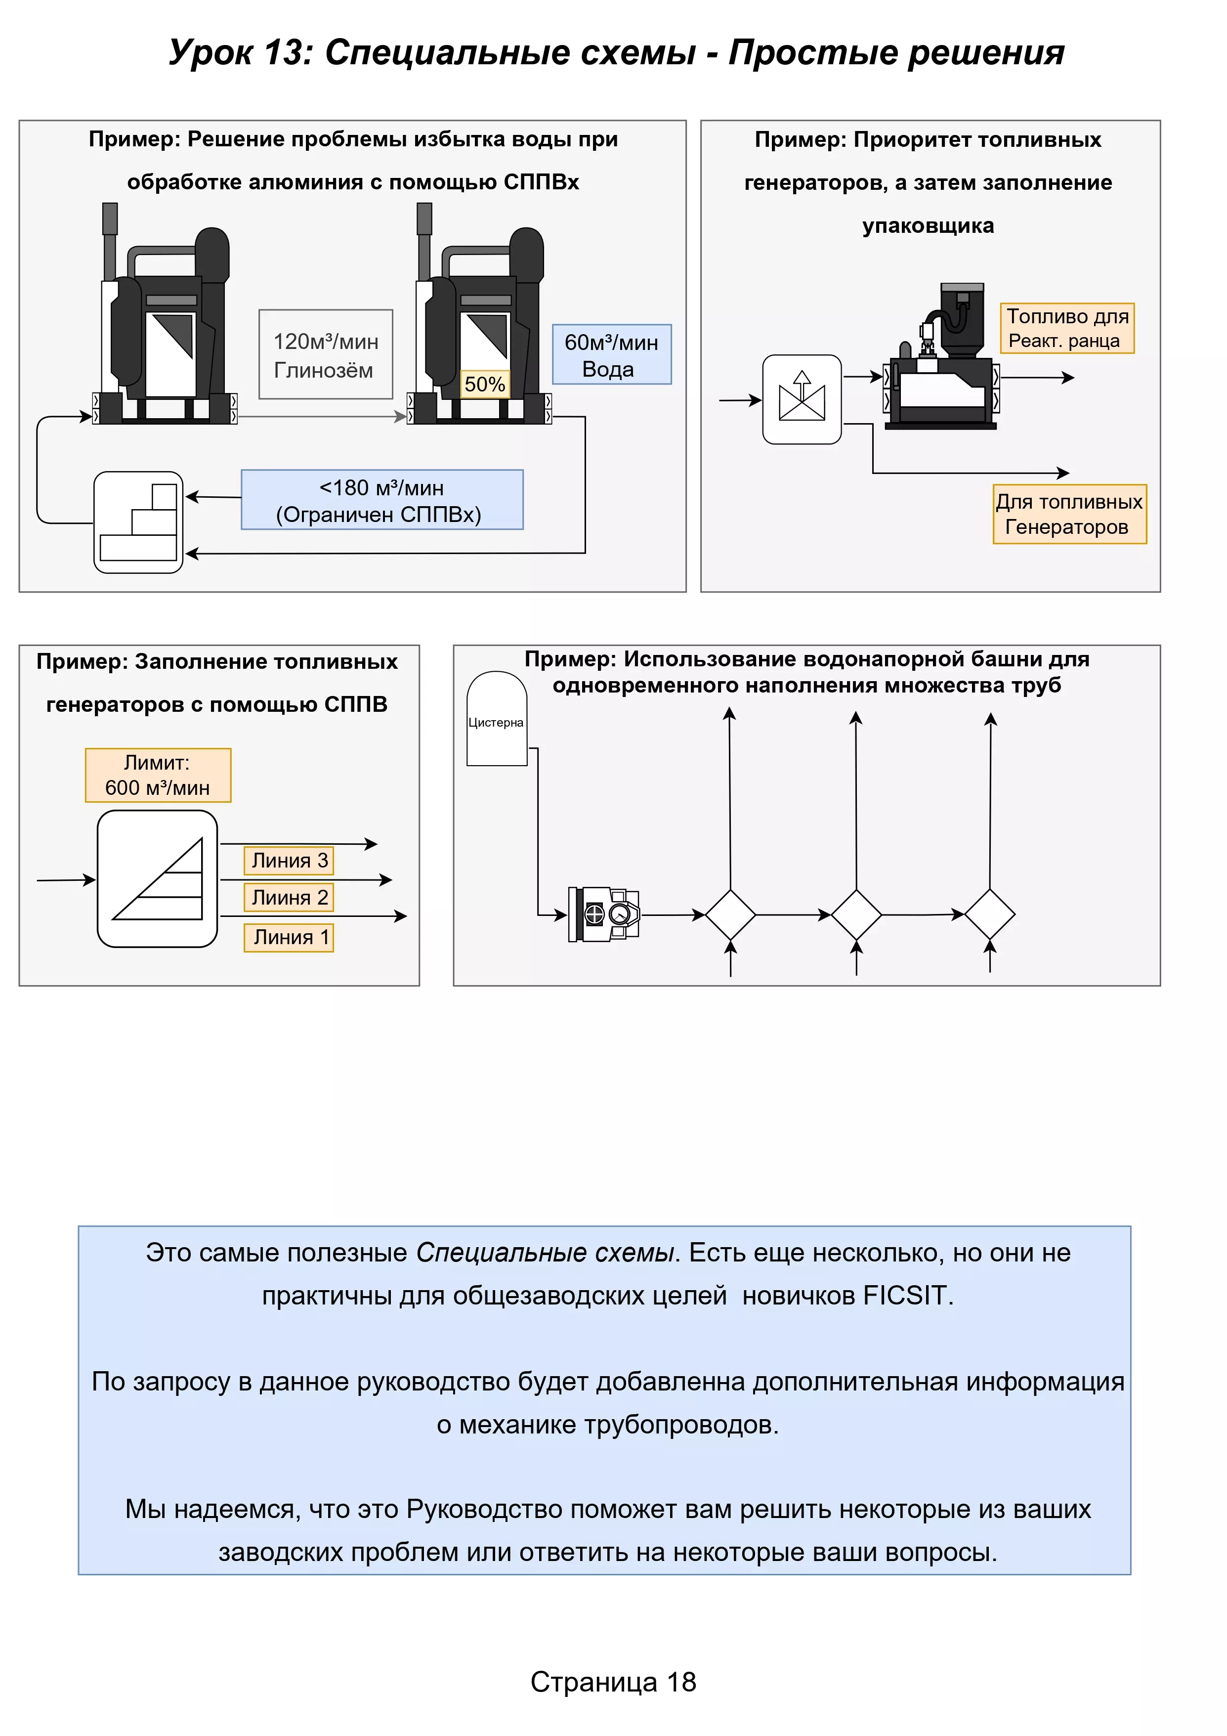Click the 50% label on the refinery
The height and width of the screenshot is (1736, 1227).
[485, 384]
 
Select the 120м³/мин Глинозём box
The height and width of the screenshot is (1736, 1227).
[325, 354]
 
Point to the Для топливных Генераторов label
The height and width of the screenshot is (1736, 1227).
[1069, 514]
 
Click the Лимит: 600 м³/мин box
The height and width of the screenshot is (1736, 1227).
[158, 775]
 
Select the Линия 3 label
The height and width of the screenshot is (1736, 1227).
[289, 861]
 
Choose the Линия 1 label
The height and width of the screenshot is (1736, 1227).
[289, 938]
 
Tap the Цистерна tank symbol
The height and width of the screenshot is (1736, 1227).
[496, 720]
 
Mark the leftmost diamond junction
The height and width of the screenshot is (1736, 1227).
[730, 915]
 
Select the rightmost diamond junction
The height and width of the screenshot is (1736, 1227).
[990, 915]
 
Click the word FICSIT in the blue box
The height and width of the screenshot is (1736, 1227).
[904, 1296]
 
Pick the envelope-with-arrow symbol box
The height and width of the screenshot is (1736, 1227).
[802, 399]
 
